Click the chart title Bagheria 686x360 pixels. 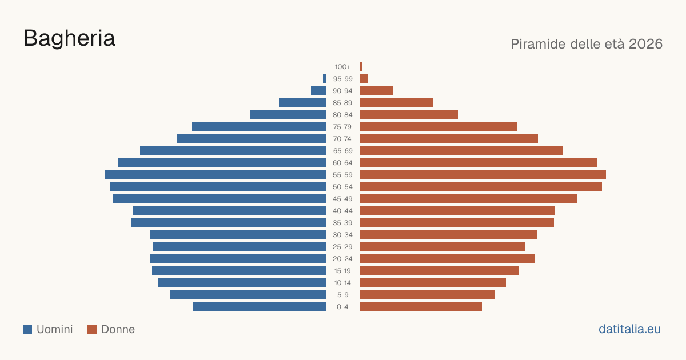pyautogui.click(x=69, y=38)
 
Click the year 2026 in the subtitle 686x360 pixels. pyautogui.click(x=645, y=44)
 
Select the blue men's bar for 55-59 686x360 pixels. pyautogui.click(x=215, y=174)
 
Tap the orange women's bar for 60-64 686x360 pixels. pyautogui.click(x=478, y=162)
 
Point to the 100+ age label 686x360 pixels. pyautogui.click(x=342, y=67)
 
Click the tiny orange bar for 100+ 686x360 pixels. pyautogui.click(x=361, y=66)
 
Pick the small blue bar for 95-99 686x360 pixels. pyautogui.click(x=324, y=79)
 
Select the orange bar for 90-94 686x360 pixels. pyautogui.click(x=376, y=91)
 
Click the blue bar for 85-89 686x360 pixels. pyautogui.click(x=302, y=102)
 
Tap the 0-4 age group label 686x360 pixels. pyautogui.click(x=342, y=307)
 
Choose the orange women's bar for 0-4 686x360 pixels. pyautogui.click(x=421, y=307)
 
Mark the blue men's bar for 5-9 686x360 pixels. pyautogui.click(x=248, y=294)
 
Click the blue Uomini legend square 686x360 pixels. pyautogui.click(x=27, y=329)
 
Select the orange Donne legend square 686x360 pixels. pyautogui.click(x=92, y=329)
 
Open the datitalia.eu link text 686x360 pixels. pyautogui.click(x=629, y=329)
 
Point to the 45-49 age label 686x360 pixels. pyautogui.click(x=342, y=199)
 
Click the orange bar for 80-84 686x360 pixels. pyautogui.click(x=409, y=114)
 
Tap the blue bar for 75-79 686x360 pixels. pyautogui.click(x=258, y=126)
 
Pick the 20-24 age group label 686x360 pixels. pyautogui.click(x=342, y=259)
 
